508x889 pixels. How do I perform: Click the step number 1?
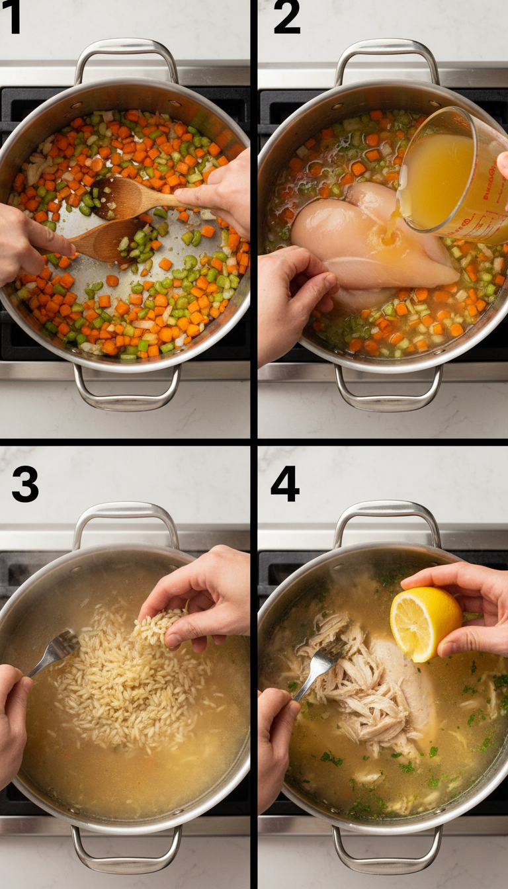point(11,18)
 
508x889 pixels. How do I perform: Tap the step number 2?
point(286,18)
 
